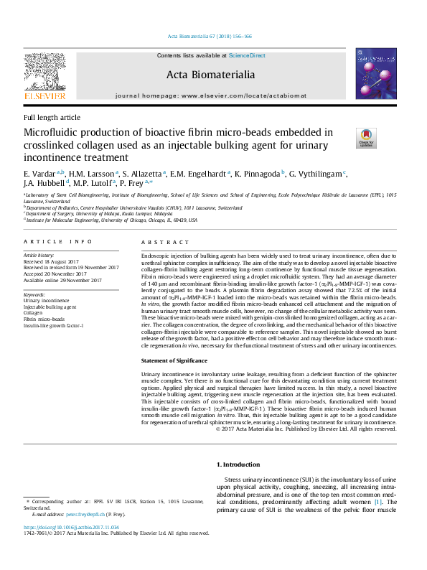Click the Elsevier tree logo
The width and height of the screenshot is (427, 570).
pos(44,73)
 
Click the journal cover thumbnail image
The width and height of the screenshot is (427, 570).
pos(376,74)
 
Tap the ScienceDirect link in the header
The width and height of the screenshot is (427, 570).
pos(247,55)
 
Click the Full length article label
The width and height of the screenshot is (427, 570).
pos(52,118)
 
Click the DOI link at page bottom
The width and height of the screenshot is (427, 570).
pos(71,527)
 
